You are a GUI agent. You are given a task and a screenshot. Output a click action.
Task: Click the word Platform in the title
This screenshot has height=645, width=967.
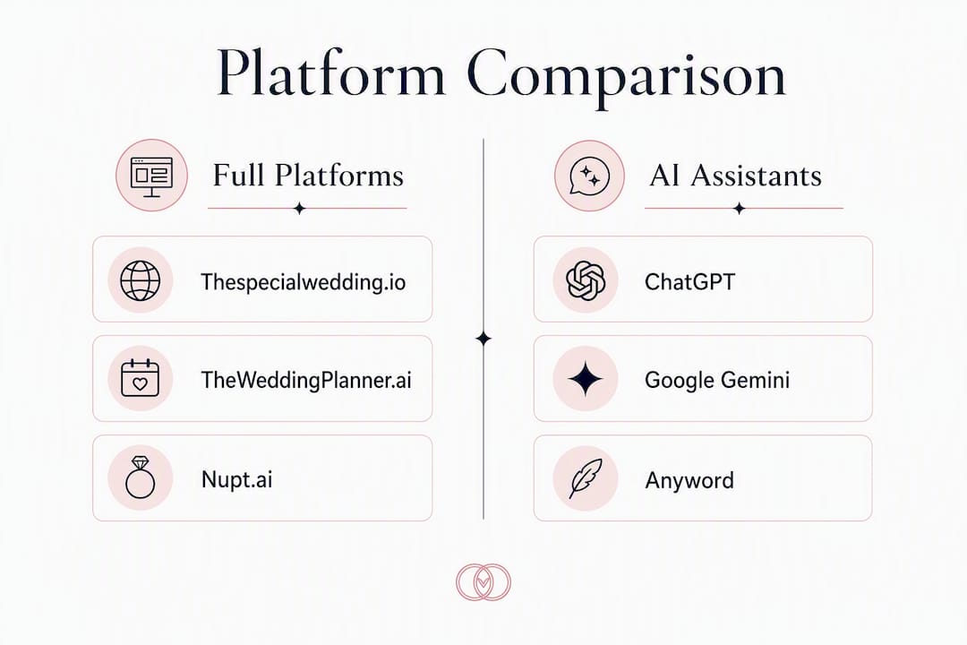(330, 73)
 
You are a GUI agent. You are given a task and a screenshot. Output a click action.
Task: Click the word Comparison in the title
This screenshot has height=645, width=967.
(626, 77)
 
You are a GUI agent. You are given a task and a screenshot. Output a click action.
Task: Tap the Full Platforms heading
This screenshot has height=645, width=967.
(308, 176)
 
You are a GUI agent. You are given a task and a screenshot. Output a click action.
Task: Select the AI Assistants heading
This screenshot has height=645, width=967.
(736, 176)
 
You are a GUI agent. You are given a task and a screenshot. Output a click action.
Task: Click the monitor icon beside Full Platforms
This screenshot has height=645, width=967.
(151, 176)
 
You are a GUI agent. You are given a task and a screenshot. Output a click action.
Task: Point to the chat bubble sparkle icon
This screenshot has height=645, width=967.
(589, 176)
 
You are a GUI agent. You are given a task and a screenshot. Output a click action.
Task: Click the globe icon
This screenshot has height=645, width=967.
(140, 280)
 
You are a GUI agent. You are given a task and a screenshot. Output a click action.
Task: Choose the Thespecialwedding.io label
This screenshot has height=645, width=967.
(304, 282)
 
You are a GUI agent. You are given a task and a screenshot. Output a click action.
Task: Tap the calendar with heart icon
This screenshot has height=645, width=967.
(140, 378)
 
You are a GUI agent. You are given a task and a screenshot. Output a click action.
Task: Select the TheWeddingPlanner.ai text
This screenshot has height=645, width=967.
(306, 380)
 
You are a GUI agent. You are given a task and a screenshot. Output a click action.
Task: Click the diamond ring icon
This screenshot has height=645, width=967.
(140, 477)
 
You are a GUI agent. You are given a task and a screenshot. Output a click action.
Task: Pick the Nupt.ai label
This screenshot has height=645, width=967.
(236, 479)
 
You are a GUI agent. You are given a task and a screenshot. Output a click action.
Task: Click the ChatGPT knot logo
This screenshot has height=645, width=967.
(586, 280)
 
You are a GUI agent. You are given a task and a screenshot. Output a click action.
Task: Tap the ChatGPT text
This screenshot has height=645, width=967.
(690, 282)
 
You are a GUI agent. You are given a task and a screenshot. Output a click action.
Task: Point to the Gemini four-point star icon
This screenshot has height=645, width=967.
(586, 378)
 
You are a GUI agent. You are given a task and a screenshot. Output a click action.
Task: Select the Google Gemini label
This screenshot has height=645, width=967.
(717, 380)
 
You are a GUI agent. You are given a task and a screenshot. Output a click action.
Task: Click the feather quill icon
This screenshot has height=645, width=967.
(586, 478)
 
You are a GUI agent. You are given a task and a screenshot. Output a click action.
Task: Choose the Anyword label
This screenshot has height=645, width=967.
(689, 480)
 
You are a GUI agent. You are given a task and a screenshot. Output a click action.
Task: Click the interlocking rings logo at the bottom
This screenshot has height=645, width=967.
(483, 582)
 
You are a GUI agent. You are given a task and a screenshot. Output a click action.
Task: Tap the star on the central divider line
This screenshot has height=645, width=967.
(483, 339)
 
